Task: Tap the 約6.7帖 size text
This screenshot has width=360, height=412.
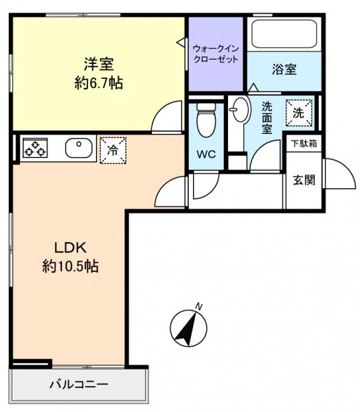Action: [x=98, y=83]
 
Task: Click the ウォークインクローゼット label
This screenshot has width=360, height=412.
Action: [x=216, y=54]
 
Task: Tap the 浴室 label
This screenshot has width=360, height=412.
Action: [x=284, y=69]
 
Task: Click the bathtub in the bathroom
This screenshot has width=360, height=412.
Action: [x=284, y=34]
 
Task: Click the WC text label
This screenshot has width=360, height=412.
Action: [x=206, y=154]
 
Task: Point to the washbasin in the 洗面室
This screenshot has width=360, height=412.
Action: [x=240, y=111]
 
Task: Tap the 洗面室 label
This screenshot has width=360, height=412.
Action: [x=267, y=119]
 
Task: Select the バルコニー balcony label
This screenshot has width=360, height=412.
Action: [x=78, y=384]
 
